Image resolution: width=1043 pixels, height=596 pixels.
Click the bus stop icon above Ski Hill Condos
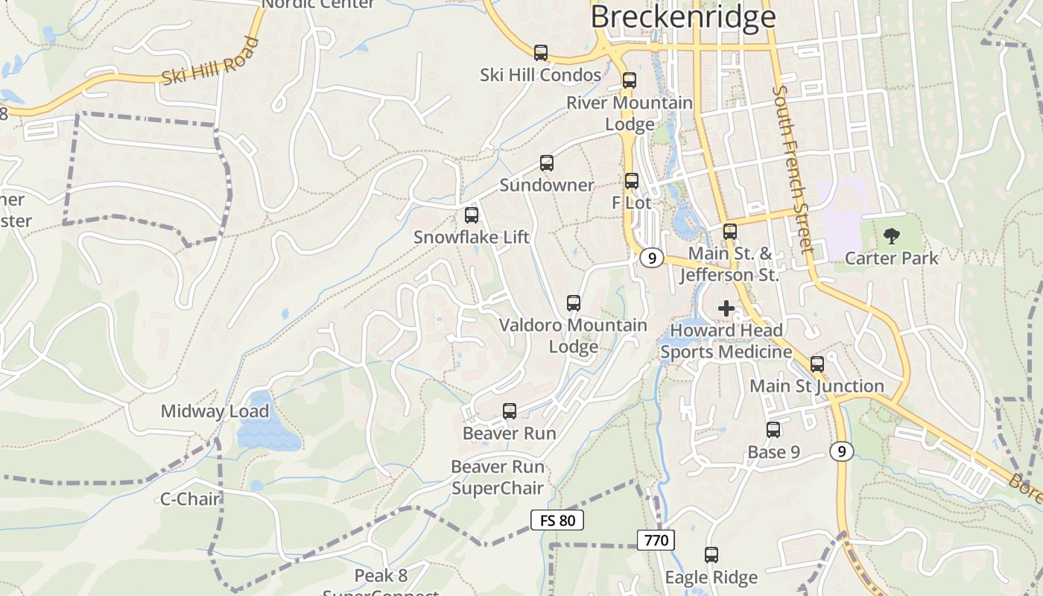point(541,53)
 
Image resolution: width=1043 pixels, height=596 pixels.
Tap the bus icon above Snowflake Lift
point(472,215)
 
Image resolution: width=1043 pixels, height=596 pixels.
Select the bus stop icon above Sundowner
point(547,163)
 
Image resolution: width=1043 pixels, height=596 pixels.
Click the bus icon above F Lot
point(632,180)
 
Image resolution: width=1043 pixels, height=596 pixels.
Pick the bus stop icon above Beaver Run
point(510,410)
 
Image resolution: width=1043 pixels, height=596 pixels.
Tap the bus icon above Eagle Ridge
point(711,555)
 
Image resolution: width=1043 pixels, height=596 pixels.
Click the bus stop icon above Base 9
point(773,430)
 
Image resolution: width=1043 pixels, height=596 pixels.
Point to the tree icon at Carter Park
point(891,237)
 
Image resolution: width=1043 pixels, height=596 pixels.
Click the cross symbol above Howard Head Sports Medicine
point(726,308)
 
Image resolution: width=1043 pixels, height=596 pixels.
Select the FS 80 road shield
point(557,520)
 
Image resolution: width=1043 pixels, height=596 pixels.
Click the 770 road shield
point(656,539)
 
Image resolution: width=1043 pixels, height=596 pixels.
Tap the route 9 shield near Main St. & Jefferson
point(652,258)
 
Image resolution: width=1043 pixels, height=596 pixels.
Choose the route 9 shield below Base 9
point(842,451)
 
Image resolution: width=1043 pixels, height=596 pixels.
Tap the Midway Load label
point(215,411)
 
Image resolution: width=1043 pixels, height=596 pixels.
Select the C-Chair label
point(191,498)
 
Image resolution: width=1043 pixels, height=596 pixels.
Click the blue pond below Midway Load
point(267,431)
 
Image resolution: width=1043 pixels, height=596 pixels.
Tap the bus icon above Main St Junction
point(817,364)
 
